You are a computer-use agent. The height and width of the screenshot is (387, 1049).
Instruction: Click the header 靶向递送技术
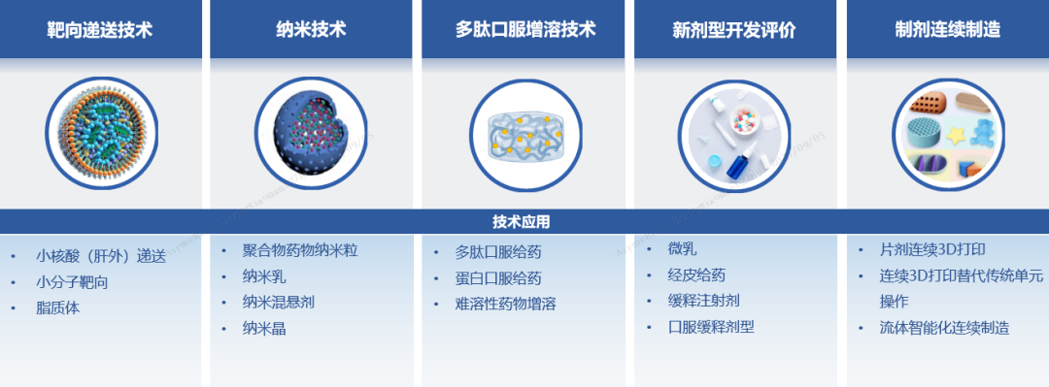click(x=100, y=30)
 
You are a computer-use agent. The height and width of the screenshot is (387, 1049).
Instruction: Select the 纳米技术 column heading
click(x=311, y=30)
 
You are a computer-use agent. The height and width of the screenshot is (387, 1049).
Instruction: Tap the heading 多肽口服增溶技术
click(x=525, y=30)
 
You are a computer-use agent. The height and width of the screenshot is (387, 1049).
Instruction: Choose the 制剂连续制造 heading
click(x=947, y=30)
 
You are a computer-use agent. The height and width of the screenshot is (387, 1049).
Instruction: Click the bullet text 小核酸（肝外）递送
click(x=100, y=256)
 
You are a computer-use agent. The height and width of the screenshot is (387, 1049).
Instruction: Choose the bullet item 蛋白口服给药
click(x=497, y=278)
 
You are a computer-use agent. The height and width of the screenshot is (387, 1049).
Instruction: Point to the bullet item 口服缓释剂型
click(x=710, y=328)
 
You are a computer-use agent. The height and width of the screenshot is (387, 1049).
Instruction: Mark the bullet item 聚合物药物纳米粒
click(x=300, y=250)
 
